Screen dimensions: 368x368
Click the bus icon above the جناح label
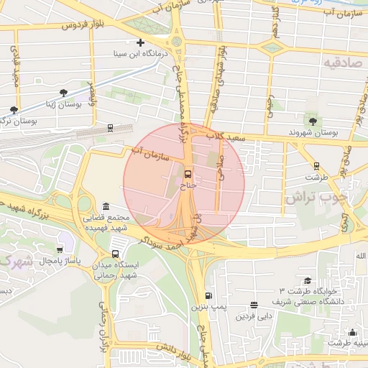coord(188,174)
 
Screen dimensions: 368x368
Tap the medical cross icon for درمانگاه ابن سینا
coord(141,43)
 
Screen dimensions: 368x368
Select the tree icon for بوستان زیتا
coord(64,93)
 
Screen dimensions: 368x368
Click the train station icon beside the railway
coord(110,128)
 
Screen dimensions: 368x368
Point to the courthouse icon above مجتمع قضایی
coord(106,206)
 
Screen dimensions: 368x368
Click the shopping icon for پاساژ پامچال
coord(59,249)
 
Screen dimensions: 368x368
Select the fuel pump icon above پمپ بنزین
coord(208,295)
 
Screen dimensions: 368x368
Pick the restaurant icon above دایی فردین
coord(254,304)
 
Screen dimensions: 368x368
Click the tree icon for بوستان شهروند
coord(312,121)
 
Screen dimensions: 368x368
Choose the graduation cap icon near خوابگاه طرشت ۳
coord(307,280)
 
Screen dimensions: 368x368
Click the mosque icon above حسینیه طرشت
coord(352,332)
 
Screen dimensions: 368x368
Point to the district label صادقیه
coord(341,63)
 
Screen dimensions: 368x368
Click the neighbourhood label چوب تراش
coord(316,195)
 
